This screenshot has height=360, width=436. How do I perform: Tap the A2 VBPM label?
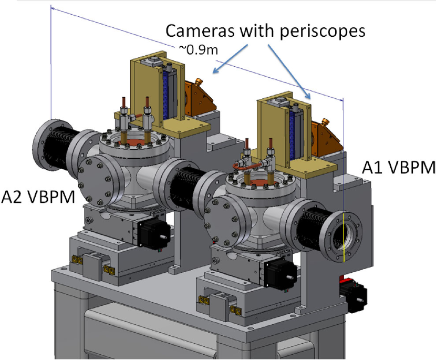(38, 196)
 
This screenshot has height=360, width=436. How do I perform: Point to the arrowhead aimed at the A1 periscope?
(309, 97)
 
